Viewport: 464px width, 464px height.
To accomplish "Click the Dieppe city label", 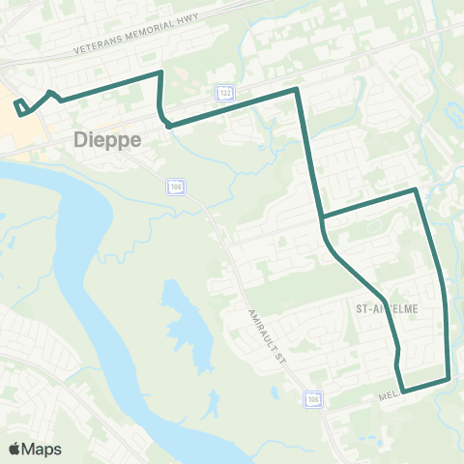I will pyautogui.click(x=107, y=139).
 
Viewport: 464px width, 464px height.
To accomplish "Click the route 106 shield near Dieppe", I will pyautogui.click(x=175, y=186).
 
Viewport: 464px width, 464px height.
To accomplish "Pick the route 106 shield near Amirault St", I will pyautogui.click(x=311, y=398).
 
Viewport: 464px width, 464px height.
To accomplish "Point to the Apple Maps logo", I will pyautogui.click(x=36, y=449).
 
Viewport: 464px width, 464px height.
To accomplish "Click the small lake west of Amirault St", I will pyautogui.click(x=184, y=319).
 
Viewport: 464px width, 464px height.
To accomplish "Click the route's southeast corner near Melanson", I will pyautogui.click(x=449, y=378).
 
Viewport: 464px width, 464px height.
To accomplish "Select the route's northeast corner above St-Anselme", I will pyautogui.click(x=416, y=189).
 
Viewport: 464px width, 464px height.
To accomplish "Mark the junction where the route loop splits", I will pyautogui.click(x=323, y=217).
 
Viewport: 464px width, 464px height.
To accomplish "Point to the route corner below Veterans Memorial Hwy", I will pyautogui.click(x=159, y=72).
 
